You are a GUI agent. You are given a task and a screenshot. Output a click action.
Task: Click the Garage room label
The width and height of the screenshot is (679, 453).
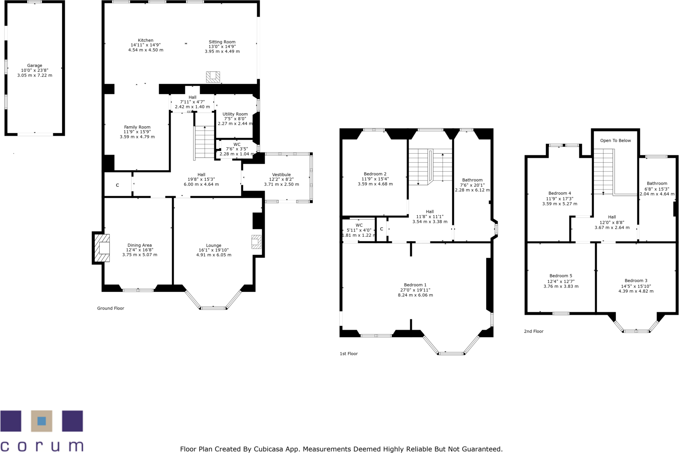(x=35, y=66)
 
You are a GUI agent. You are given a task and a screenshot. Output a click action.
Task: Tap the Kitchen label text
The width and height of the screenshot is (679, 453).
(x=145, y=40)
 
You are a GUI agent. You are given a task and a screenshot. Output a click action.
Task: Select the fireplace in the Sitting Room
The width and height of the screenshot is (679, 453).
(x=213, y=77)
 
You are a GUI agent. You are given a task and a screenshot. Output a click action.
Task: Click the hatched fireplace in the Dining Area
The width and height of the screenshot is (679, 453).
(x=102, y=248)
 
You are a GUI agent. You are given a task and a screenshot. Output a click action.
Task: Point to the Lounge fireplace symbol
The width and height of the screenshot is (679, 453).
(x=256, y=242)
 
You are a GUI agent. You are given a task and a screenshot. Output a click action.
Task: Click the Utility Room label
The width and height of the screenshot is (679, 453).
(x=235, y=114)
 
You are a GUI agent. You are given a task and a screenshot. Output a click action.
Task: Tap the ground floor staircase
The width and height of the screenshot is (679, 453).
(x=204, y=142)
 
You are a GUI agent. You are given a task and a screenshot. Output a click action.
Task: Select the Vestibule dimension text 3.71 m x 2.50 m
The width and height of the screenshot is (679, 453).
(x=281, y=184)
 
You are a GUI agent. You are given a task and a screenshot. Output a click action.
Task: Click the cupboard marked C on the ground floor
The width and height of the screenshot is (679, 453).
(x=118, y=185)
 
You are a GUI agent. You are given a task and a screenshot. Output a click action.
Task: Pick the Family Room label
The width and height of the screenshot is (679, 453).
(x=137, y=127)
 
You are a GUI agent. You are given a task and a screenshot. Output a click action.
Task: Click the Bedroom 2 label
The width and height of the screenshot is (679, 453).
(x=375, y=174)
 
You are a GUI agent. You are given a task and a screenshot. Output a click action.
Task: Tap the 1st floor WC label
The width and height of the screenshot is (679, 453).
(x=359, y=225)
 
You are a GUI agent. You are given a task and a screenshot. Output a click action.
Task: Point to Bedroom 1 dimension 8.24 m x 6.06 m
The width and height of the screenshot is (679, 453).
(x=415, y=295)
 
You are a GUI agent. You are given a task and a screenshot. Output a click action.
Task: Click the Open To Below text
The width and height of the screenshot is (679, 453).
(x=615, y=140)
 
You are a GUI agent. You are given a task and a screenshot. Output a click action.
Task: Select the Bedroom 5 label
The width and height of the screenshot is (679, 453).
(x=561, y=276)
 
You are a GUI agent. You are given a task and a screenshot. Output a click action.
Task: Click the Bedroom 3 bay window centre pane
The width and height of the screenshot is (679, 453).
(x=636, y=331)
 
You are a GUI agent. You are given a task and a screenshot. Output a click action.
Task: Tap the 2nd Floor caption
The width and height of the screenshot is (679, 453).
(x=534, y=331)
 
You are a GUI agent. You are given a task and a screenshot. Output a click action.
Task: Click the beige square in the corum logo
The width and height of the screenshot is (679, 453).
(x=42, y=421)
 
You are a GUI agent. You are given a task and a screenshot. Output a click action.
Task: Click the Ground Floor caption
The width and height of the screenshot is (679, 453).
(x=111, y=308)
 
